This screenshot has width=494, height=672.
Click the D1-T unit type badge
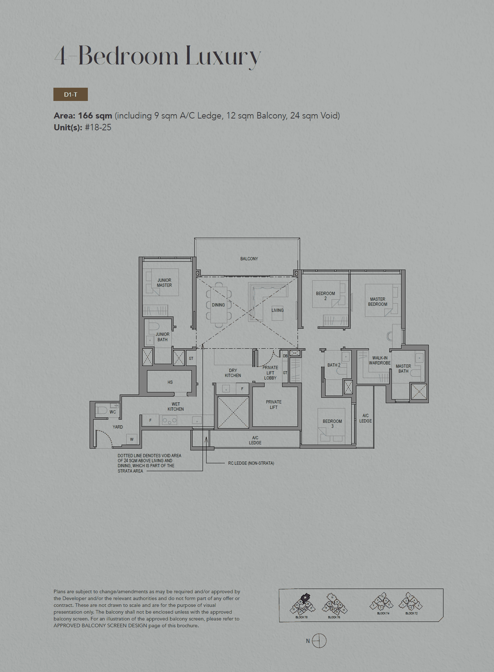[71, 95]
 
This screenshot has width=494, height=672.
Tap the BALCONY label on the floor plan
[249, 258]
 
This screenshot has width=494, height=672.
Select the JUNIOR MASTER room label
[164, 283]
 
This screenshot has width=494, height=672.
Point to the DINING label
[218, 305]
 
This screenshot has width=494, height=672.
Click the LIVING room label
[277, 310]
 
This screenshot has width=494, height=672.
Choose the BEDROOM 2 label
[326, 296]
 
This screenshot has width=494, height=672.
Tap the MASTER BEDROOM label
[377, 302]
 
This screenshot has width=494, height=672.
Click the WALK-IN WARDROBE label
[380, 361]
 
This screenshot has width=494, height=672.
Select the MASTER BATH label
[403, 369]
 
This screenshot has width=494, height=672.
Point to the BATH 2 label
[334, 365]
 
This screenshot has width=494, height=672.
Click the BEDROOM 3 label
[332, 424]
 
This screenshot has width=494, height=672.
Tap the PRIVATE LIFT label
[274, 405]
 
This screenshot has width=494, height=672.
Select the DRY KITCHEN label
[233, 373]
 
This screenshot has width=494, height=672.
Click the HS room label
[170, 382]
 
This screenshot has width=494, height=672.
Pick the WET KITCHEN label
[176, 407]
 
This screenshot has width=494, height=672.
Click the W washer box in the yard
[132, 439]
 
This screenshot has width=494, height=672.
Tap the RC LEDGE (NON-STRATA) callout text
[251, 463]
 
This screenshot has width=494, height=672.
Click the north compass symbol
[319, 641]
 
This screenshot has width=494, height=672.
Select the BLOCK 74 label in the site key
[383, 613]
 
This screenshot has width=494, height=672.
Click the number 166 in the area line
[85, 116]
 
